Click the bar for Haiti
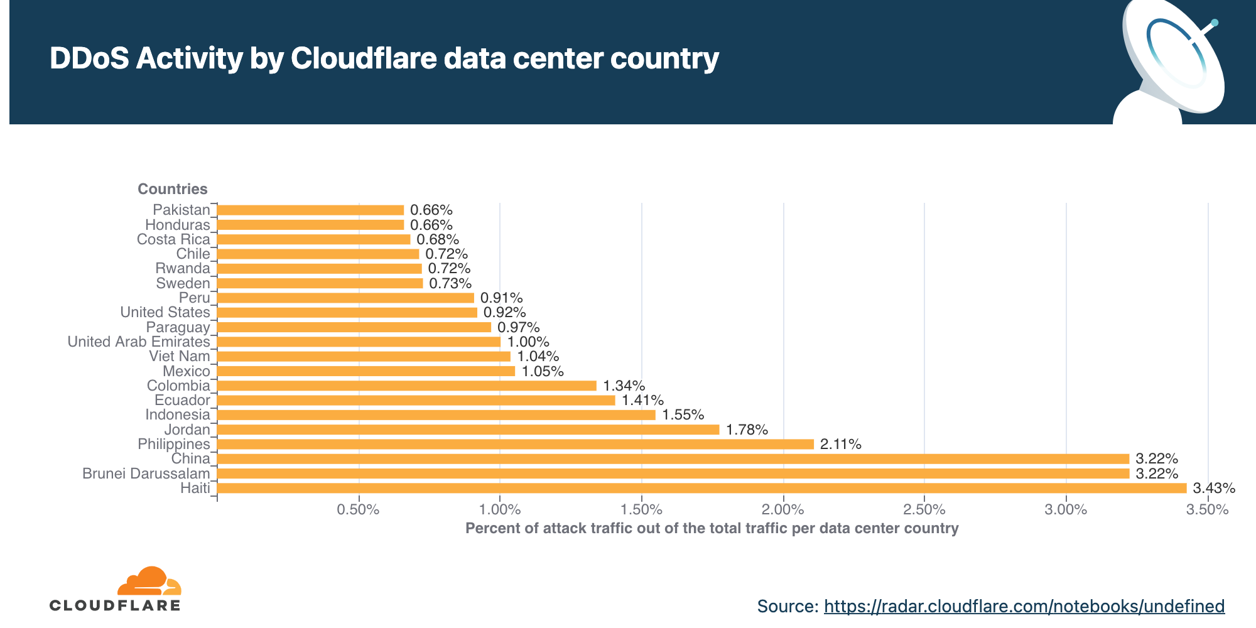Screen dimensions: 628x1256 pyautogui.click(x=701, y=488)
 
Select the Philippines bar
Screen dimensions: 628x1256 pyautogui.click(x=515, y=444)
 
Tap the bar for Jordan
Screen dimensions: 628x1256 pyautogui.click(x=468, y=430)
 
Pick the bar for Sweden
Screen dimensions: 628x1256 pyautogui.click(x=320, y=283)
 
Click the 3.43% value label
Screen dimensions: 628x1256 pyautogui.click(x=1214, y=488)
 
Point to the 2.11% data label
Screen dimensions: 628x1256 pyautogui.click(x=840, y=444)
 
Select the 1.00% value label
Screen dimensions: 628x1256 pyautogui.click(x=528, y=342)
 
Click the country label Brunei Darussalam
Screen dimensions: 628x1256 pyautogui.click(x=146, y=474)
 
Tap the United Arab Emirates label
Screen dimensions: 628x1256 pyautogui.click(x=138, y=342)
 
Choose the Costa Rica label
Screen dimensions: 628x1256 pyautogui.click(x=173, y=239)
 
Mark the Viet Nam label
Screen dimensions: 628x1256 pyautogui.click(x=179, y=356)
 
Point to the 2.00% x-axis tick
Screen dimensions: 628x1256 pyautogui.click(x=783, y=509)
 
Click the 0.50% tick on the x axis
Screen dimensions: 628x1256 pyautogui.click(x=358, y=509)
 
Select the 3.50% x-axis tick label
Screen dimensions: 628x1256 pyautogui.click(x=1207, y=509)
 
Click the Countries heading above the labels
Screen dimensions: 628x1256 pyautogui.click(x=172, y=189)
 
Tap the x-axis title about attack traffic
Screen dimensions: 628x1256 pyautogui.click(x=712, y=528)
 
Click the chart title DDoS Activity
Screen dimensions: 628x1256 pyautogui.click(x=384, y=58)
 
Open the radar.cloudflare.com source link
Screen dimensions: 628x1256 pyautogui.click(x=1024, y=606)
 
